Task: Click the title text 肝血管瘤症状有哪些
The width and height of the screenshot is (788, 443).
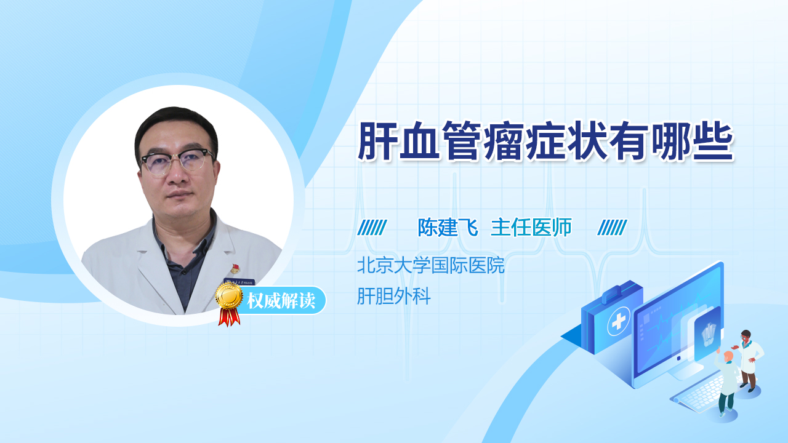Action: coord(545,141)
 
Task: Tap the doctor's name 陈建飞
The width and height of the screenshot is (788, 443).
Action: coord(448,228)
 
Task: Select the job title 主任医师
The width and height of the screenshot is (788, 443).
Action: coord(531,228)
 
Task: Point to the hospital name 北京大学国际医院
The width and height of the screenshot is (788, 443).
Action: coord(431,265)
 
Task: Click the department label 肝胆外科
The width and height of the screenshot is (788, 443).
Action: coord(394,296)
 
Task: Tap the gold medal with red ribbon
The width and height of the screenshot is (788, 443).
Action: coord(230,304)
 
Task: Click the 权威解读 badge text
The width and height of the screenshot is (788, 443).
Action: coord(281,301)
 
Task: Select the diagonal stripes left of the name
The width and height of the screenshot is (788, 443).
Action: coord(372,228)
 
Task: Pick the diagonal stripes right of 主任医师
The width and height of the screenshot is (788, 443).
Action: coord(612,228)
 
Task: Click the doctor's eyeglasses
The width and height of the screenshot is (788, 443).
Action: coord(177,161)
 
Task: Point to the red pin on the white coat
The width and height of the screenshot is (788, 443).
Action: coord(235,269)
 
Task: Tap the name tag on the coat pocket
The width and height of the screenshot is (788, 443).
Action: coord(239,281)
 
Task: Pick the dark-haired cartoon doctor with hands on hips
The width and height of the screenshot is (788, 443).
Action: coord(749,361)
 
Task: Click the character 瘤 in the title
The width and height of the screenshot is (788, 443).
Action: coord(504,141)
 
